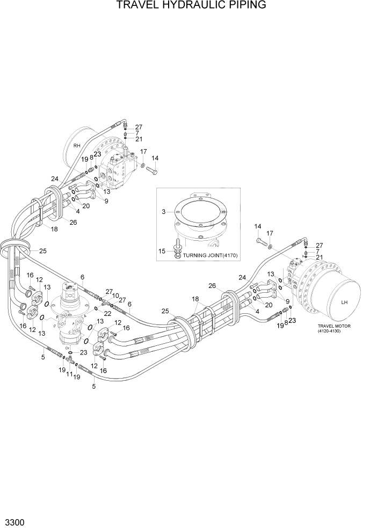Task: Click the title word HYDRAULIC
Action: point(188,6)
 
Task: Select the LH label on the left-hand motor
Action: point(344,302)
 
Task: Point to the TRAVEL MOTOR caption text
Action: point(334,326)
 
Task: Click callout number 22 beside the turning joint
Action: point(107,314)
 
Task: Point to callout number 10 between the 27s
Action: point(115,295)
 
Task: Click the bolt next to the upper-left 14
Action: point(151,171)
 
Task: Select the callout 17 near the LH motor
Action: point(270,233)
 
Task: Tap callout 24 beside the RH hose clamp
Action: point(54,179)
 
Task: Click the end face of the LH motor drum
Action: point(344,301)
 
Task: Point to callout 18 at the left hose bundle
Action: point(54,229)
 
